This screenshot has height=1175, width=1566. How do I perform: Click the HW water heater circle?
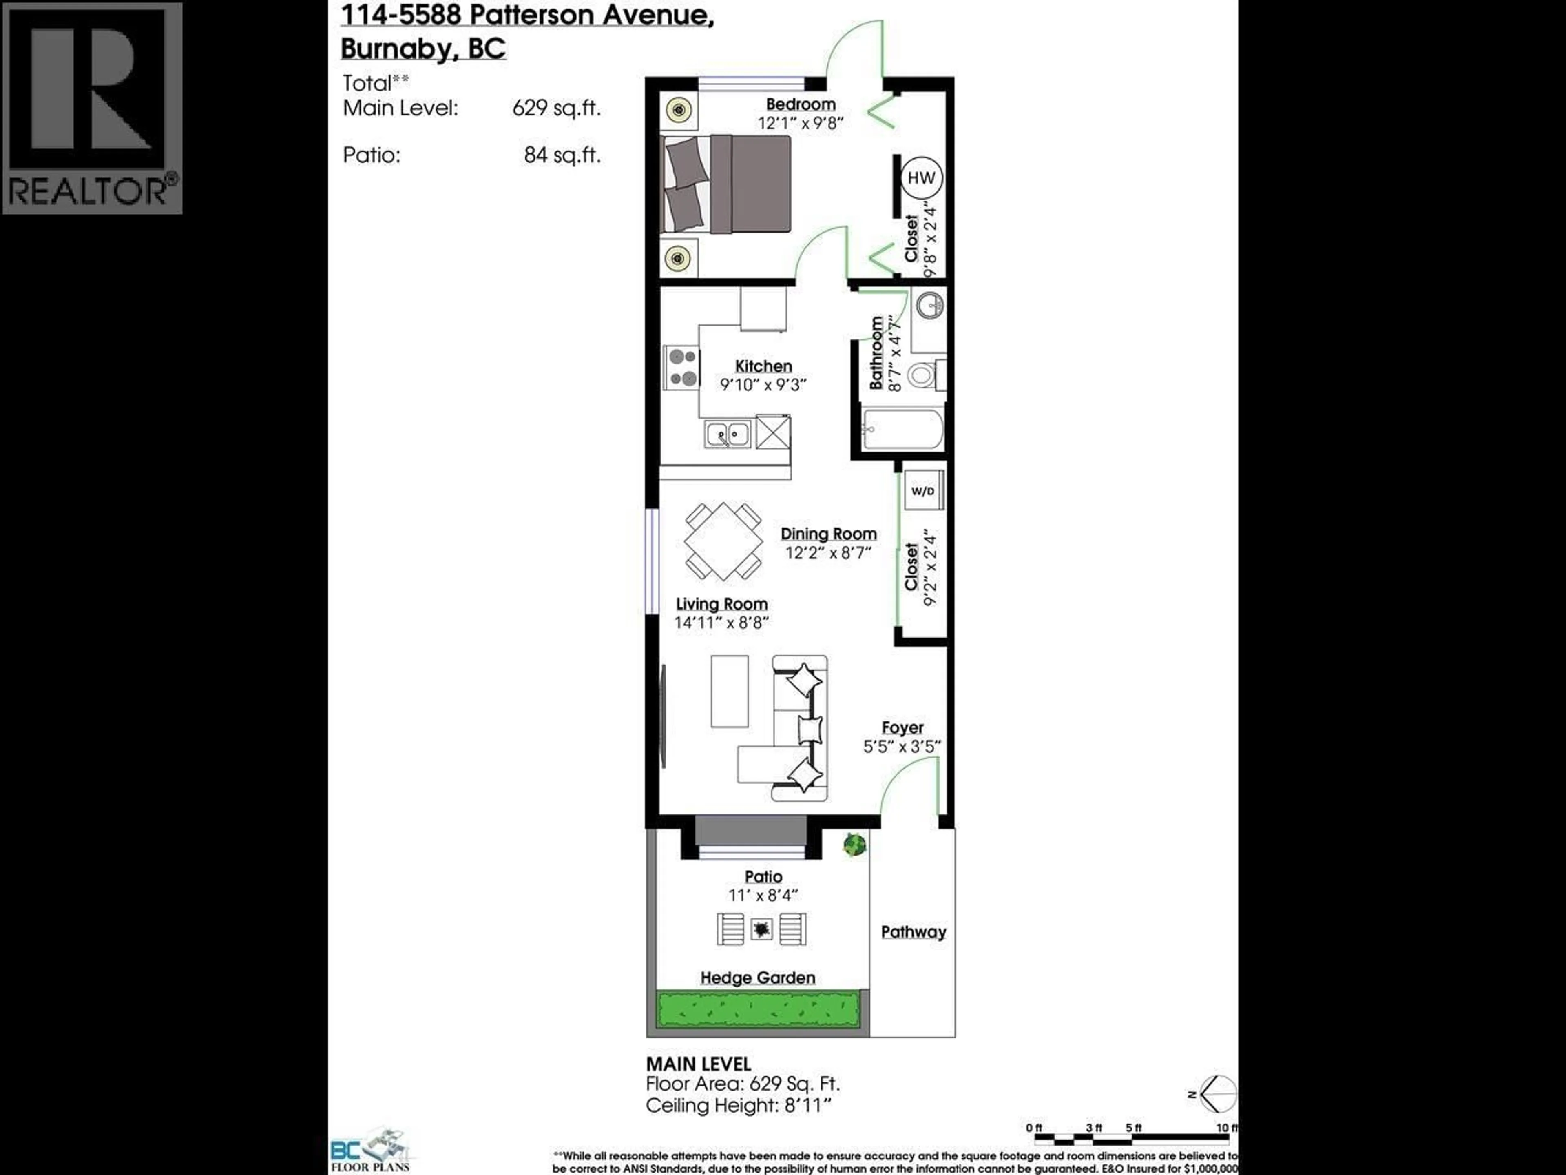pos(921,178)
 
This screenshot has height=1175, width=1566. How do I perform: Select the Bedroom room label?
pos(800,104)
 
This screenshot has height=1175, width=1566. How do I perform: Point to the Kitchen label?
pos(763,366)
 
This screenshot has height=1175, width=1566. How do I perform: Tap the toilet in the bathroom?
pos(922,375)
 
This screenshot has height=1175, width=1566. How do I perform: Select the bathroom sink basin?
pos(929,306)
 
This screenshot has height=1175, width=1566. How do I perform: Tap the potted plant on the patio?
pos(854,844)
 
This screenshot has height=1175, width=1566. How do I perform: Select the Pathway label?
pos(913,932)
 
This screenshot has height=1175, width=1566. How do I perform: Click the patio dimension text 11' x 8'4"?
pos(763,895)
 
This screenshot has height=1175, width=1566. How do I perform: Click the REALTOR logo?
pos(92,108)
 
